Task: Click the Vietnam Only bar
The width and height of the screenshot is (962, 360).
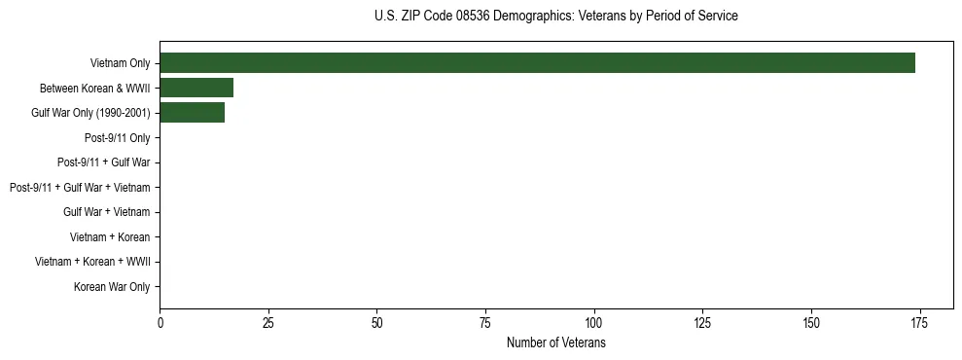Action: tap(537, 63)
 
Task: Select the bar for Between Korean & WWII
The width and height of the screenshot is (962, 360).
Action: tap(196, 89)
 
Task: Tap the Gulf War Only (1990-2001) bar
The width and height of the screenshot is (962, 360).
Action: tap(192, 113)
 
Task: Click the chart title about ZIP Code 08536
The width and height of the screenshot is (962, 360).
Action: tap(555, 17)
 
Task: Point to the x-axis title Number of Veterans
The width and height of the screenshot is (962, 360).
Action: tap(555, 343)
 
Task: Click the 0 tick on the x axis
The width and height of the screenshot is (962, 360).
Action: tap(160, 323)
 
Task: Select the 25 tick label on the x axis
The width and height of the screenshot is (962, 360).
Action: tap(268, 323)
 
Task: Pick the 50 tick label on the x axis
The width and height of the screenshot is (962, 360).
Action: tap(376, 323)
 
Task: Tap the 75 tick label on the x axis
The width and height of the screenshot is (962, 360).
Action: tap(485, 323)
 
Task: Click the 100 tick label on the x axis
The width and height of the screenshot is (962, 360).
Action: tap(593, 323)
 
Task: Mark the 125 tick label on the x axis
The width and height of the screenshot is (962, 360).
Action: tap(702, 323)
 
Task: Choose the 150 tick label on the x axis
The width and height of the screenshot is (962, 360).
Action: tap(810, 323)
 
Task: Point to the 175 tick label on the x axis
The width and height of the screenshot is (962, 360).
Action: tap(919, 323)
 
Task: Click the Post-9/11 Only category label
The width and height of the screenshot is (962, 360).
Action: tap(117, 138)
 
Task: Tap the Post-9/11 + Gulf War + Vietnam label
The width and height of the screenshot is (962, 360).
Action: tap(80, 188)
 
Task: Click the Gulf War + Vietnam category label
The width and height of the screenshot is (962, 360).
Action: tap(106, 212)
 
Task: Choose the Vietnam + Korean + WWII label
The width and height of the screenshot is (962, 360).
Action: tap(92, 262)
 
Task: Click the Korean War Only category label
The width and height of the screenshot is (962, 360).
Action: tap(112, 287)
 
